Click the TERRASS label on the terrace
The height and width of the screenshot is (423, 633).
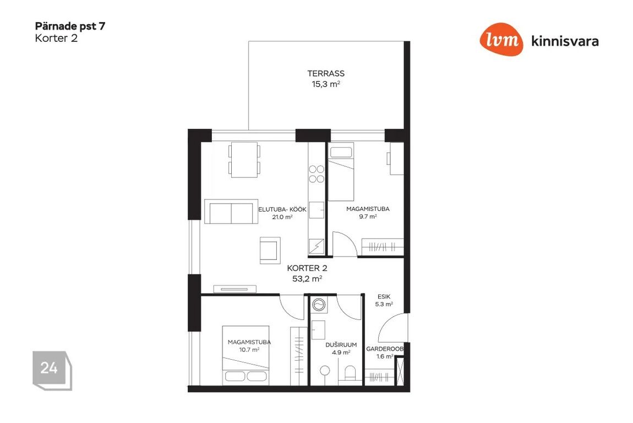pos(326,74)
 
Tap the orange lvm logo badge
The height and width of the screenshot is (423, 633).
pos(501,39)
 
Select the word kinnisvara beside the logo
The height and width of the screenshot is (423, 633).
pos(565,41)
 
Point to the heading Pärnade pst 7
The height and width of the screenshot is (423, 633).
pos(70,26)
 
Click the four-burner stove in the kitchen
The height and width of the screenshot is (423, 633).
pos(316,173)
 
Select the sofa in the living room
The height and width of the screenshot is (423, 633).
pos(231,211)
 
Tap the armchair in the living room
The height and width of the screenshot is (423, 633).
pos(270,250)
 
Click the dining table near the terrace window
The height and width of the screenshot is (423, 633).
pos(244,160)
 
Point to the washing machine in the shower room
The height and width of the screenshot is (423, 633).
pos(319,305)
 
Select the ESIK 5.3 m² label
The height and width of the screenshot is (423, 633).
pos(384,300)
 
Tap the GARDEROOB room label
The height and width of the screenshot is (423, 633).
pos(385,349)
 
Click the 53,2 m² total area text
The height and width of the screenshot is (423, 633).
pos(307,278)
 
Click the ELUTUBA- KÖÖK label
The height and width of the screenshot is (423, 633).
pos(282,209)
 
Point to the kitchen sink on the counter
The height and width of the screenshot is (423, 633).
pos(316,210)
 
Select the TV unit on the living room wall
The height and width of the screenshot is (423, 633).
pos(235,289)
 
